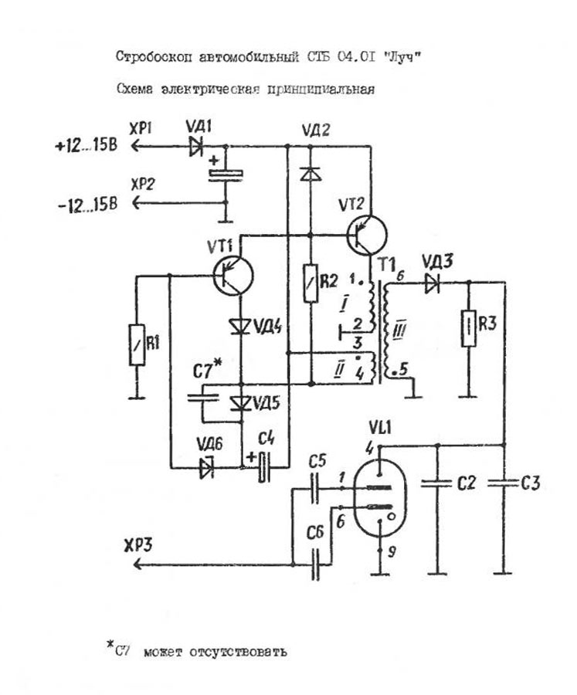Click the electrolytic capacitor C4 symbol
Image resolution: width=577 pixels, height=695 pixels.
(x=265, y=466)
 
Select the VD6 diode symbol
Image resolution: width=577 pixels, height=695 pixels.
(x=206, y=466)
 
